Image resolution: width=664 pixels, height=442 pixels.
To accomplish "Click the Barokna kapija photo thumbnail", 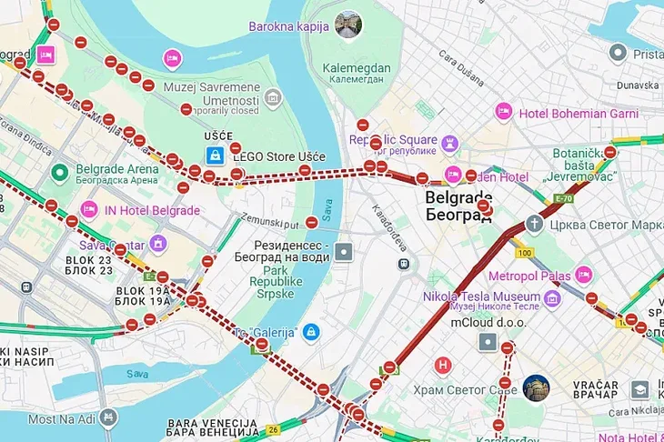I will click(347, 25).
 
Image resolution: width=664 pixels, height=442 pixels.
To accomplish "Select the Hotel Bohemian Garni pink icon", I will click(503, 112).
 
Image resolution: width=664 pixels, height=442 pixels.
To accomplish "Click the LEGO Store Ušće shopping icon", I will click(215, 156).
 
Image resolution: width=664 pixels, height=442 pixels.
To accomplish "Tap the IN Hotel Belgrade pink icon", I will click(89, 210).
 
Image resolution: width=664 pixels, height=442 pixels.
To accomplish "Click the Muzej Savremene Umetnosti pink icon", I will click(172, 58).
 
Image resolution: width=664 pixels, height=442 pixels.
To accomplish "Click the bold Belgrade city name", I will click(459, 197).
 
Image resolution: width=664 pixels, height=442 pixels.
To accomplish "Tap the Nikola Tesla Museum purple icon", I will click(551, 298).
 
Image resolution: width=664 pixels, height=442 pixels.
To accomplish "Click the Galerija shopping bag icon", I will click(311, 332).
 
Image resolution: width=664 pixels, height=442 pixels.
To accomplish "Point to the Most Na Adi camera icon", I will click(109, 418).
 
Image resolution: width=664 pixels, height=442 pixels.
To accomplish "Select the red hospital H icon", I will click(443, 366).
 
